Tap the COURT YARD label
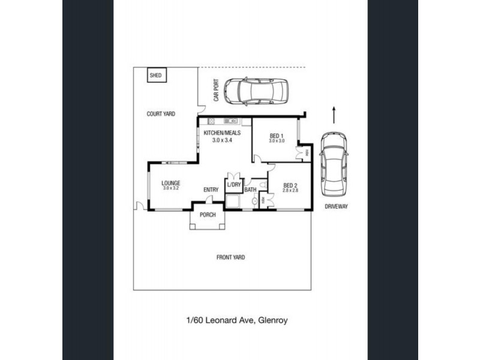[161, 113]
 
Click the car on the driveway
[333, 163]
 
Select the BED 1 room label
[277, 135]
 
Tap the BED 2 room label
[290, 185]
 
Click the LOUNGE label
[170, 183]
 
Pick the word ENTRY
[211, 190]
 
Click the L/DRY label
[233, 185]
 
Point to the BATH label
[250, 190]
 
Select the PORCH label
[208, 215]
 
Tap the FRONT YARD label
[230, 257]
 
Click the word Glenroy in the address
[274, 320]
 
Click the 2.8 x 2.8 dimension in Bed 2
[290, 190]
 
